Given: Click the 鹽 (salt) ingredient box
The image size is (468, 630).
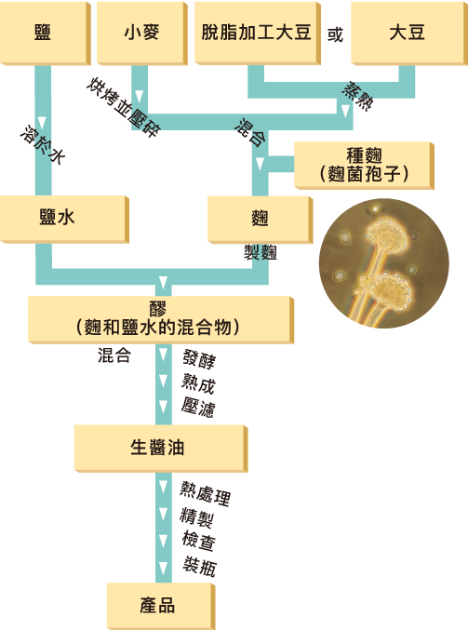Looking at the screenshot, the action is click(45, 33).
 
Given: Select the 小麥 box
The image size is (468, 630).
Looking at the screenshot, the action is click(142, 33).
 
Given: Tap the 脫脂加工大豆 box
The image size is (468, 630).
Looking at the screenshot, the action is click(258, 33).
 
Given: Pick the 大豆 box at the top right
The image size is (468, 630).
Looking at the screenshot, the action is click(409, 33).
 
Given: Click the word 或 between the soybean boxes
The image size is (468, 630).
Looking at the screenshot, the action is click(336, 35).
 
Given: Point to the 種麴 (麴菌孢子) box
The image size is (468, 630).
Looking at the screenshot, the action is click(364, 165).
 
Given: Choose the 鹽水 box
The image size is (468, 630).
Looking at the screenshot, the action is click(64, 219).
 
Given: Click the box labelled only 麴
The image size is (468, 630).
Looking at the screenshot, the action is click(260, 220).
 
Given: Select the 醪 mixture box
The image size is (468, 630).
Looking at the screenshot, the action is click(161, 320).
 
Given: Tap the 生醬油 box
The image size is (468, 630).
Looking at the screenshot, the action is click(161, 449).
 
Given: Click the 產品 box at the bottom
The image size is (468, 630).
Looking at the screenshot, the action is click(161, 606).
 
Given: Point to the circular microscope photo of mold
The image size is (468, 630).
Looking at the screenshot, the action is click(383, 263).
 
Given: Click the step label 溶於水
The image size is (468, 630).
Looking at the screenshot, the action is click(43, 144).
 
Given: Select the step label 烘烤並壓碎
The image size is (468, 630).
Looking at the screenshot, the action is click(124, 107).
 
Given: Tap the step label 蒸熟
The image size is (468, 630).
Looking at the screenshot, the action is click(357, 97).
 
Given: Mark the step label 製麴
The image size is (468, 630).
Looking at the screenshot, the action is click(261, 252).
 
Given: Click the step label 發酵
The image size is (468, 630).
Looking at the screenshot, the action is click(199, 359).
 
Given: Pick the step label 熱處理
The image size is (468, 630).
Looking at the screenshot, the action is click(205, 493).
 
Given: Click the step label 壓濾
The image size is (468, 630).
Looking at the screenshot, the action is click(198, 408).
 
